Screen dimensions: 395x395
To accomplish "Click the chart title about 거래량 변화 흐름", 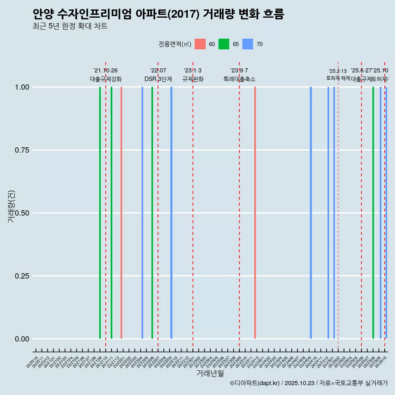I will [x=158, y=14].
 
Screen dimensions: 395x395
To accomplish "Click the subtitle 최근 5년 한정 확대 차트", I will [x=70, y=26].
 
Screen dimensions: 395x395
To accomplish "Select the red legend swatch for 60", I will [x=200, y=44].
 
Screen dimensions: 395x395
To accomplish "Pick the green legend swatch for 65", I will [x=224, y=44].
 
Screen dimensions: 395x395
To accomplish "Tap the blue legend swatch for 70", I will [x=248, y=44].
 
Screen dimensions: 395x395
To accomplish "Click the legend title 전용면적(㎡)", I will [x=174, y=44].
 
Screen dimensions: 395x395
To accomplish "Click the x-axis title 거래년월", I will [x=210, y=373].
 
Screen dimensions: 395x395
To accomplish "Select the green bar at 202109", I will [x=100, y=213].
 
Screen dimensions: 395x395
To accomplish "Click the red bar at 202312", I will [x=255, y=213].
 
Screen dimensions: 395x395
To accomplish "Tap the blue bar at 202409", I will [x=311, y=213].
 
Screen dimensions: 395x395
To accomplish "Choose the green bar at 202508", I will [x=373, y=213].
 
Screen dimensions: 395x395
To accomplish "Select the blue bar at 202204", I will [x=142, y=213].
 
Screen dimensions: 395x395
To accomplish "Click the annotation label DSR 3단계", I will [x=158, y=79].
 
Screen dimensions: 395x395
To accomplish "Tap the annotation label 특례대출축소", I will [x=239, y=79].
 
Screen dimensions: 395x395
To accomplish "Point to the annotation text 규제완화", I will [x=193, y=79].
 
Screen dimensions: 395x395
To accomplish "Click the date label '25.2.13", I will [x=338, y=71].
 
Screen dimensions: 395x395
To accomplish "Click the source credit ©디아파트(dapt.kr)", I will [x=255, y=383].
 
